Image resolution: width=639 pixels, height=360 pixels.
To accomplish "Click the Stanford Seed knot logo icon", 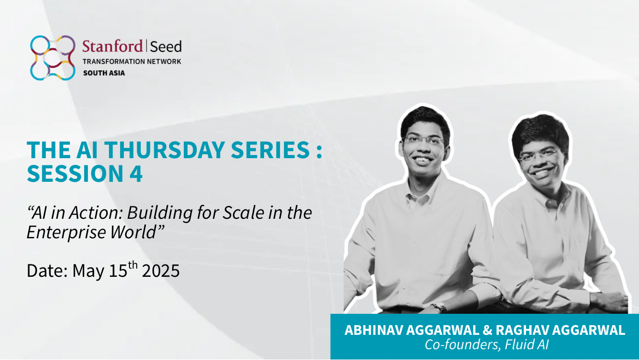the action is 53,58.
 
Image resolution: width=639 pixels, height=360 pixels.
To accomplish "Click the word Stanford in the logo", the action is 112,46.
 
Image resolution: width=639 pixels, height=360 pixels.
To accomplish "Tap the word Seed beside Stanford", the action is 166,47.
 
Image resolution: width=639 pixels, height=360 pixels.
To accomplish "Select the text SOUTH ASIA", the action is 104,73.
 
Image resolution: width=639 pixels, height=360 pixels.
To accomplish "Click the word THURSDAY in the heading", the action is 164,150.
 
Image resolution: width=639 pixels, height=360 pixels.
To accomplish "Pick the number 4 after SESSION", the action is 136,174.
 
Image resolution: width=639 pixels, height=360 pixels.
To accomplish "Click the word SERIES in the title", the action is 270,150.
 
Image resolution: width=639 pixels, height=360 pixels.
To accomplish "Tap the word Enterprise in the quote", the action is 66,232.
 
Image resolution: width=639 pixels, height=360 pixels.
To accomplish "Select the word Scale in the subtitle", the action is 243,213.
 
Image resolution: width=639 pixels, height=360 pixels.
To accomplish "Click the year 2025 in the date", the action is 161,271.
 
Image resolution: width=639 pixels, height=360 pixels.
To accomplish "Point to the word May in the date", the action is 88,271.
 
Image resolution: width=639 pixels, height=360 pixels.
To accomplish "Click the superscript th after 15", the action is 133,265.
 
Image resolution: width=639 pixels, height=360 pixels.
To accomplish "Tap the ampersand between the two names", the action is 487,330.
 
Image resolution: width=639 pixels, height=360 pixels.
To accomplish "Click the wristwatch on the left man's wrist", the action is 440,307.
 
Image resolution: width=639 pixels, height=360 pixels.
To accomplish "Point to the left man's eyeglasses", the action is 424,140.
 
